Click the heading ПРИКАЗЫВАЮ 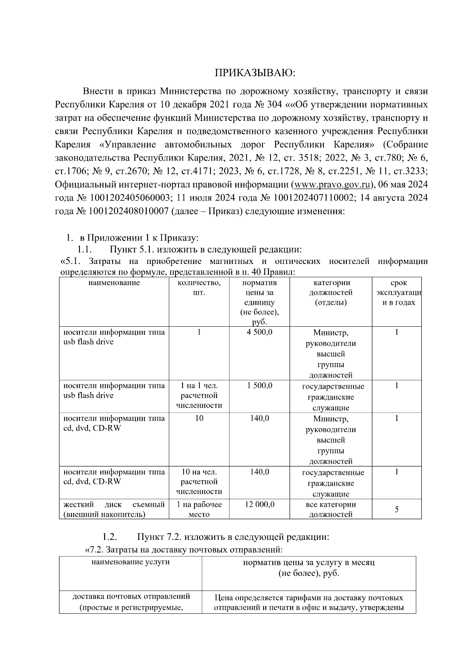coord(255,73)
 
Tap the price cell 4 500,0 coord(260,332)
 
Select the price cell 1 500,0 coord(260,386)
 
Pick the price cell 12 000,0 coord(260,504)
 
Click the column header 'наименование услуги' coord(131,562)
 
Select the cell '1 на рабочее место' coord(199,509)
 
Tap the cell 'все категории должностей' coord(331,509)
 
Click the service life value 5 coord(397,509)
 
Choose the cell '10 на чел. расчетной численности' coord(199,481)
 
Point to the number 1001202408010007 coord(129,212)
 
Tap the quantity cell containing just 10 coord(199,418)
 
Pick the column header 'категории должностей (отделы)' coord(331,293)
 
